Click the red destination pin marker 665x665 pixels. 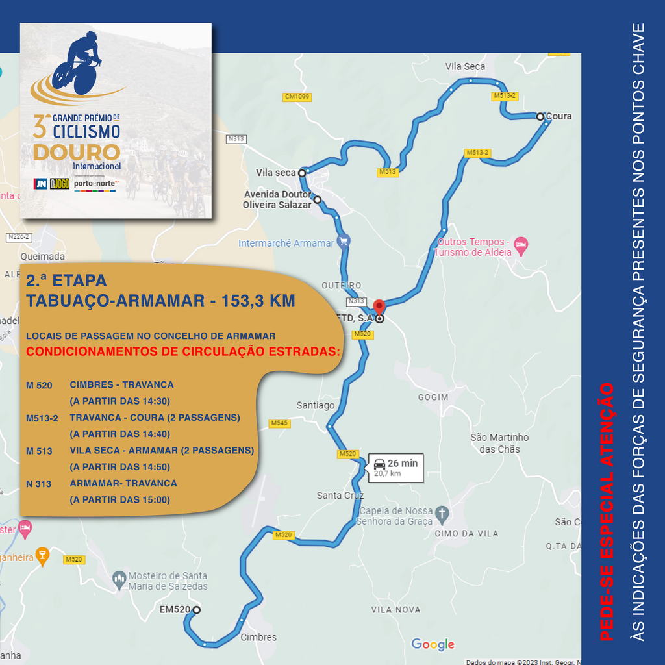(x=379, y=307)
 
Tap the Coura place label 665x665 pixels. (x=558, y=116)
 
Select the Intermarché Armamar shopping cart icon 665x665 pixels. (x=344, y=241)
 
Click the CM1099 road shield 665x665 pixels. (x=297, y=97)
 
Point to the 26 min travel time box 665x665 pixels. (x=395, y=468)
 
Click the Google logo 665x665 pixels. (x=433, y=644)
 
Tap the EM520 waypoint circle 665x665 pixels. (x=196, y=610)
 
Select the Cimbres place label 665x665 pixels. (x=258, y=637)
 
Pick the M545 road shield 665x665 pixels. (x=279, y=423)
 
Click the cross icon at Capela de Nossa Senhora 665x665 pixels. (x=442, y=513)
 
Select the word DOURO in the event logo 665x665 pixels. (x=77, y=153)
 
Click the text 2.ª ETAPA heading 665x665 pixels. (x=66, y=281)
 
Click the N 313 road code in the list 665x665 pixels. (x=39, y=484)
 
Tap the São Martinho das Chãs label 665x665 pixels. (x=499, y=443)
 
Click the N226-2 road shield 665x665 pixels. (x=19, y=238)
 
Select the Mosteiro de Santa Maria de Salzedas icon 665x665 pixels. (x=119, y=577)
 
